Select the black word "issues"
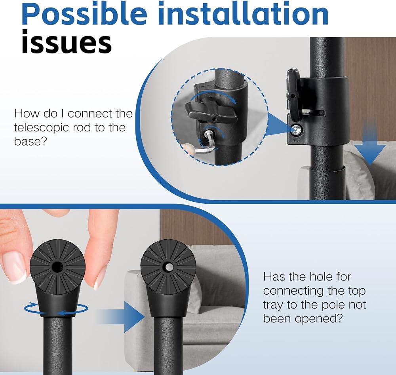(x=67, y=42)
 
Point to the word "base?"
(x=30, y=141)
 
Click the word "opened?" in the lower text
(x=319, y=319)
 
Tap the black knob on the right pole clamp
(x=293, y=94)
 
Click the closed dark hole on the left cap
(x=57, y=266)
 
